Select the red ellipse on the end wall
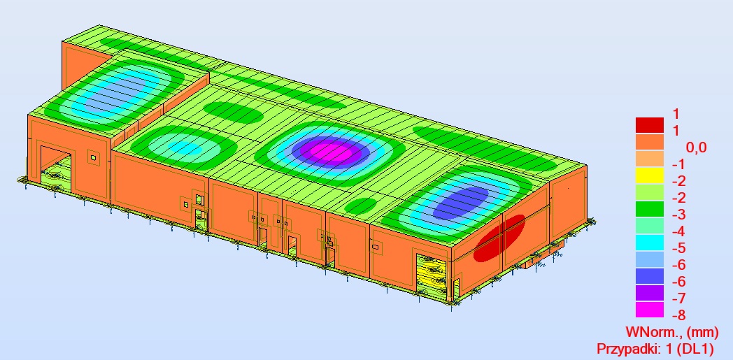tap(499, 238)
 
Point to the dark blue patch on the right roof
tap(460, 203)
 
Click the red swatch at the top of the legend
tap(649, 124)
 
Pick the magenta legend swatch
tap(649, 310)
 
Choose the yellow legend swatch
tap(649, 175)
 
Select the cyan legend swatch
tap(649, 243)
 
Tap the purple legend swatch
tap(649, 293)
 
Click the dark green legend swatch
tap(649, 209)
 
